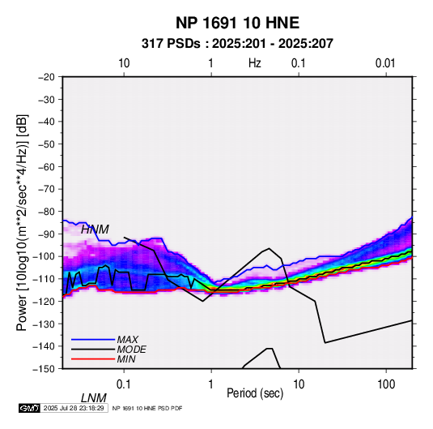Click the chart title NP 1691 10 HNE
pyautogui.click(x=237, y=23)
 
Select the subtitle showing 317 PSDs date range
pyautogui.click(x=237, y=44)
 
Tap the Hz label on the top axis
pyautogui.click(x=255, y=63)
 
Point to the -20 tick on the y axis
pyautogui.click(x=46, y=77)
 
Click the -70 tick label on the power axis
pyautogui.click(x=46, y=189)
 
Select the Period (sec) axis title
pyautogui.click(x=255, y=393)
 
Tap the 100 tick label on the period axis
pyautogui.click(x=386, y=384)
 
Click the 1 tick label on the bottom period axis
pyautogui.click(x=211, y=384)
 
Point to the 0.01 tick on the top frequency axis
pyautogui.click(x=385, y=63)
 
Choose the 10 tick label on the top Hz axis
pyautogui.click(x=124, y=63)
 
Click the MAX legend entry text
pyautogui.click(x=128, y=340)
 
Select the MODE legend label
pyautogui.click(x=131, y=350)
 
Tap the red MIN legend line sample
pyautogui.click(x=93, y=359)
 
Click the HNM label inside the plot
pyautogui.click(x=95, y=230)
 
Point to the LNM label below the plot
pyautogui.click(x=94, y=398)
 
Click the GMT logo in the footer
pyautogui.click(x=29, y=408)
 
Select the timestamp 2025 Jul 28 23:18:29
pyautogui.click(x=74, y=408)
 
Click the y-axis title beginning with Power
pyautogui.click(x=22, y=222)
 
